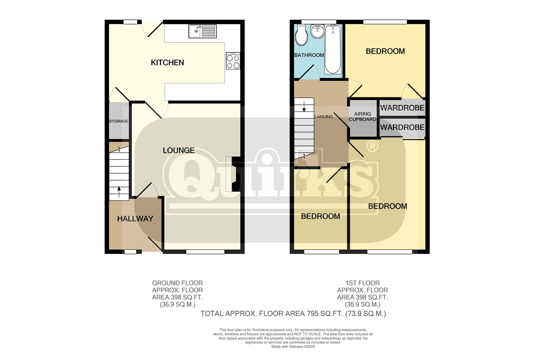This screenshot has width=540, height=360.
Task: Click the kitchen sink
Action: click(x=202, y=31)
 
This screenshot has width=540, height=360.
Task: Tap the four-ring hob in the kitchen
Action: click(x=233, y=61)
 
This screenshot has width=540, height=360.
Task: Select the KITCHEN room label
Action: click(x=167, y=63)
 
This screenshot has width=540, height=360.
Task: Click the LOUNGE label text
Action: click(x=179, y=151)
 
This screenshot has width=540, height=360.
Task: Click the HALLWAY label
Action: click(x=135, y=219)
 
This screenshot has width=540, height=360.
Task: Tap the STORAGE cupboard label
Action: click(x=119, y=121)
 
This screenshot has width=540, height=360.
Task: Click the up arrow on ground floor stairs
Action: click(x=119, y=191)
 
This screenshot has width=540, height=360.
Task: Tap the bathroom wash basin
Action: click(x=317, y=32)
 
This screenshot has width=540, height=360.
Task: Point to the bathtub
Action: click(x=332, y=50)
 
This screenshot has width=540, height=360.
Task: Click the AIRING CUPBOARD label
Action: click(x=363, y=117)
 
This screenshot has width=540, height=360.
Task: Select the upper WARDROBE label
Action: click(x=402, y=108)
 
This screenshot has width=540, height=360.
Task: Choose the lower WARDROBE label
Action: click(x=402, y=127)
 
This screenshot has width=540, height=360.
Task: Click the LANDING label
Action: click(x=324, y=117)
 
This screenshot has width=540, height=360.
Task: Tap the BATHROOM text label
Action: click(x=309, y=55)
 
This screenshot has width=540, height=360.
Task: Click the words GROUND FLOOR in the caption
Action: click(x=177, y=283)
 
